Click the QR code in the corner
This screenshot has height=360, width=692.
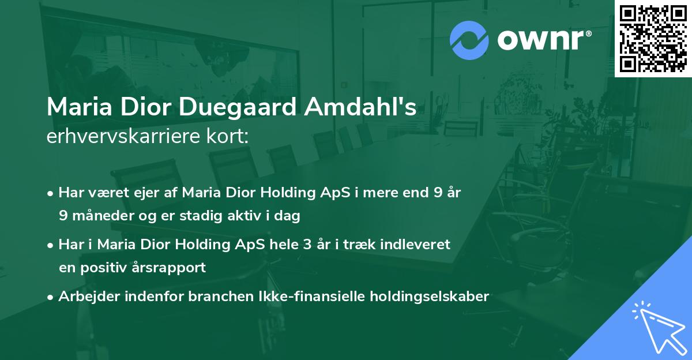click(x=653, y=39)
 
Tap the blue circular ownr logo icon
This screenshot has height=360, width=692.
click(x=469, y=40)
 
